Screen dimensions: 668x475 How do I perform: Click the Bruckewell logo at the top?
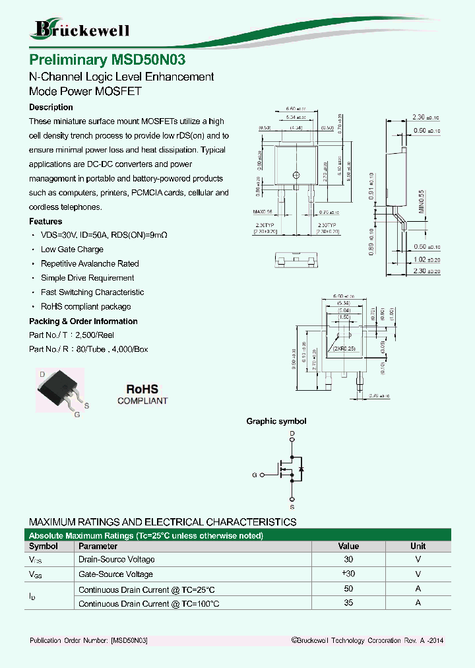[x=81, y=29]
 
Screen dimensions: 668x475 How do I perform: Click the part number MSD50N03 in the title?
[x=148, y=59]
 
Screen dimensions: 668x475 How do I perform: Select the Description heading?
[x=51, y=107]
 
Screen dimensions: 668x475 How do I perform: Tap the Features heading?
[x=46, y=222]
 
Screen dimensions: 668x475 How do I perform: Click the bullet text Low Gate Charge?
[x=72, y=250]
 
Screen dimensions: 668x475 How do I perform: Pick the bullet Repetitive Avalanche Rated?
[x=90, y=264]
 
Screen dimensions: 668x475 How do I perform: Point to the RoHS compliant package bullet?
[x=86, y=307]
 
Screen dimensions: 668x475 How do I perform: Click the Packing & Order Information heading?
[x=83, y=321]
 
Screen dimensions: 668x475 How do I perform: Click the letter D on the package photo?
[x=42, y=374]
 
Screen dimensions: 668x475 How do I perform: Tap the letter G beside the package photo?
[x=77, y=415]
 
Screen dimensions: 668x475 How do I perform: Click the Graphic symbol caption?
[x=276, y=421]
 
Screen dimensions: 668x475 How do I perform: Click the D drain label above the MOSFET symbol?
[x=292, y=433]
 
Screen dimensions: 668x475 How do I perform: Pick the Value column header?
[x=348, y=546]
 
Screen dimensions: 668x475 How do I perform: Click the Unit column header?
[x=418, y=546]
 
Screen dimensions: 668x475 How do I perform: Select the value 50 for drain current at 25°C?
[x=348, y=589]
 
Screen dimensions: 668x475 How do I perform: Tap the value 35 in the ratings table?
[x=348, y=603]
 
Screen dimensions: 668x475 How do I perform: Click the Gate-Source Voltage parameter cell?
[x=116, y=574]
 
